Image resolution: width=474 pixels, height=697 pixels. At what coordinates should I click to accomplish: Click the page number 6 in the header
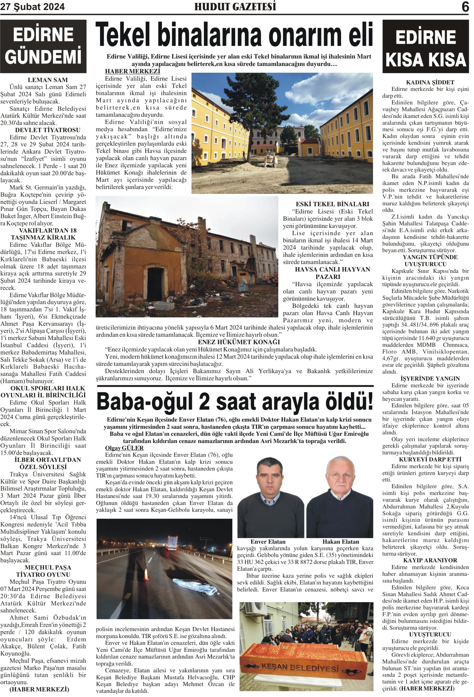pyautogui.click(x=465, y=7)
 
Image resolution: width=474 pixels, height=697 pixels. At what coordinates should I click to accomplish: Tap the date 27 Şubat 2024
pyautogui.click(x=32, y=7)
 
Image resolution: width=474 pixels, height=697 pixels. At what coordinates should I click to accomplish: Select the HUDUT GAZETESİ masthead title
pyautogui.click(x=235, y=7)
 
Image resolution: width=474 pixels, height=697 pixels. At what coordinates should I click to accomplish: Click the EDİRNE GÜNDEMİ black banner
pyautogui.click(x=43, y=46)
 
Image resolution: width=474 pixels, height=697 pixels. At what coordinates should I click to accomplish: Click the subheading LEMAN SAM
pyautogui.click(x=47, y=80)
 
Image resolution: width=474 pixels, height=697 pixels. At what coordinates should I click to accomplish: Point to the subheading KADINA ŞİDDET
pyautogui.click(x=430, y=82)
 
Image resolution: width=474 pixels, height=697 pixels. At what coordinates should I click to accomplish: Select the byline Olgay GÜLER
pyautogui.click(x=124, y=448)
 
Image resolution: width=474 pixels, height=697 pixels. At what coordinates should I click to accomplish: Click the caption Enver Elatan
pyautogui.click(x=268, y=541)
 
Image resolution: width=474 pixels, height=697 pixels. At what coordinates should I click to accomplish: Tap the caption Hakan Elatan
pyautogui.click(x=340, y=541)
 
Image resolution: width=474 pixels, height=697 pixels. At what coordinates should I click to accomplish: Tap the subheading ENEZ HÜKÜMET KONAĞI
pyautogui.click(x=239, y=342)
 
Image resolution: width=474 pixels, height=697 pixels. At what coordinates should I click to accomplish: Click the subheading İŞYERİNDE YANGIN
pyautogui.click(x=430, y=378)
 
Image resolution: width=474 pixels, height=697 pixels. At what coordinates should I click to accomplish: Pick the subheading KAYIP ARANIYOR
pyautogui.click(x=430, y=560)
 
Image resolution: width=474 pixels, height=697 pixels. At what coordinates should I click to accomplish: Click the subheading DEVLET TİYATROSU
pyautogui.click(x=47, y=130)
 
